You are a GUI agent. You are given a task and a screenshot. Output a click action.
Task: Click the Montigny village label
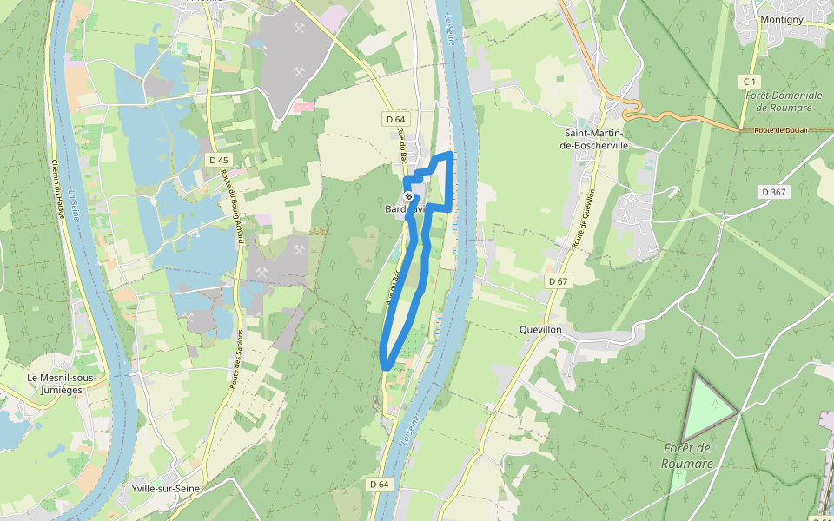click(x=781, y=19)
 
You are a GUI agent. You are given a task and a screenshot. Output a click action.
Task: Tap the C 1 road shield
click(x=750, y=81)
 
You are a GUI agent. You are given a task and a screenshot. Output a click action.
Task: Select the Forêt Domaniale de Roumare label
click(x=784, y=101)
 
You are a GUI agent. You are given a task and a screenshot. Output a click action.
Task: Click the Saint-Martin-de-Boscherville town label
click(x=596, y=139)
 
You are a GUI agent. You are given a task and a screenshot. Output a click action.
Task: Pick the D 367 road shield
click(x=775, y=192)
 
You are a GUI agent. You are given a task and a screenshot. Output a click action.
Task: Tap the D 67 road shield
click(x=558, y=281)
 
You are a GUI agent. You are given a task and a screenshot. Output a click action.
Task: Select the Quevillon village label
click(x=540, y=330)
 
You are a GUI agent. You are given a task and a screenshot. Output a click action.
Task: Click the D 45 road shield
click(x=219, y=160)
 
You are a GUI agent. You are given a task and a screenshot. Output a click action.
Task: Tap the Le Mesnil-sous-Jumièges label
click(x=61, y=383)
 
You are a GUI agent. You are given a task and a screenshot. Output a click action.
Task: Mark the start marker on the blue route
click(x=408, y=197)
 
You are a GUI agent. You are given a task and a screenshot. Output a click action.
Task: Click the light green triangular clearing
click(x=707, y=409)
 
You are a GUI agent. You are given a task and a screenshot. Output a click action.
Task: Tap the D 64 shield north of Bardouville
click(x=394, y=119)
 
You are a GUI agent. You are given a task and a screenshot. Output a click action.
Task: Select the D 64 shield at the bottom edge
click(x=379, y=484)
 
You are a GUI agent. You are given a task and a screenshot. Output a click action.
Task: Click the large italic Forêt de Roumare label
click(x=686, y=456)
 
